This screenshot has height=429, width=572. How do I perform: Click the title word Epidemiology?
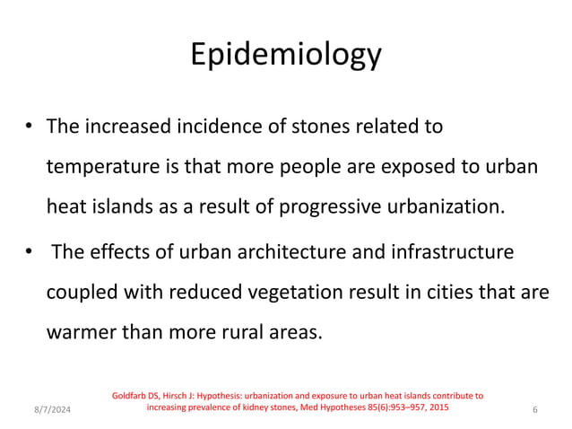tap(286, 55)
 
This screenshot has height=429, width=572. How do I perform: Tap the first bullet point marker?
tap(30, 127)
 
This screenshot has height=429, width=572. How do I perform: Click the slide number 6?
tap(534, 410)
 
